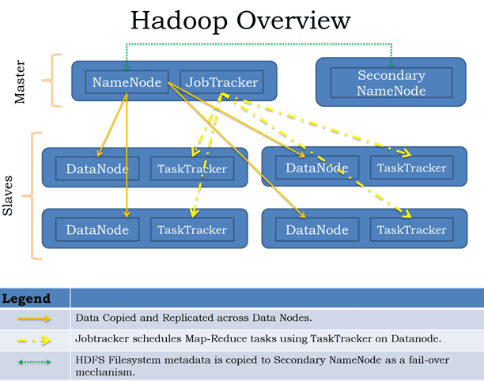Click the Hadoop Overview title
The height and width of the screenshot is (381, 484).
click(x=241, y=21)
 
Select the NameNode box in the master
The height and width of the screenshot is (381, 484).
click(x=127, y=81)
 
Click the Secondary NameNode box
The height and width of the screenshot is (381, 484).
click(x=391, y=83)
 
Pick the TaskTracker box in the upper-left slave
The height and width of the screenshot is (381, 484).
click(x=192, y=168)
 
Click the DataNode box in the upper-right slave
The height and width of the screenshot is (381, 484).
click(x=316, y=167)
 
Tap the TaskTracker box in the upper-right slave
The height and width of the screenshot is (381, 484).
click(x=411, y=167)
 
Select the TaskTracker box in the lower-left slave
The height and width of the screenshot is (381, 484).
click(x=192, y=230)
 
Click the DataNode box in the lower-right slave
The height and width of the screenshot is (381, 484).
click(x=316, y=230)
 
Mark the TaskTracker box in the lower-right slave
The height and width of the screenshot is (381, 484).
click(x=411, y=230)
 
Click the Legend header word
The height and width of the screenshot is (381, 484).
click(x=25, y=299)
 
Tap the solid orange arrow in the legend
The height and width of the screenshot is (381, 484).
click(x=35, y=319)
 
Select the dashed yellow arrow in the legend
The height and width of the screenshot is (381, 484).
click(x=35, y=339)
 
